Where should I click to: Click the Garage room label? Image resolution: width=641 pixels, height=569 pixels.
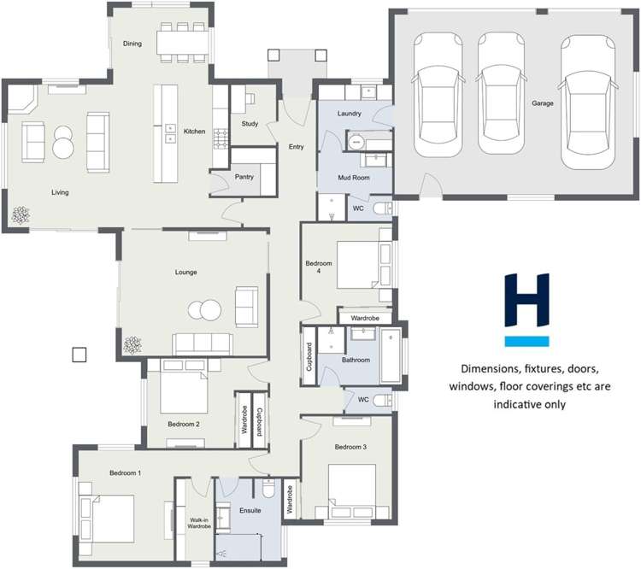543,103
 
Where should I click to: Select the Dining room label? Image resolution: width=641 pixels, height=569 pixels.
132,44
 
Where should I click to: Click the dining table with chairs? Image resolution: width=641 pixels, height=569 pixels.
182,42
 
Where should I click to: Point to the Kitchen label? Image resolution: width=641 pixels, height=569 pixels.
194,131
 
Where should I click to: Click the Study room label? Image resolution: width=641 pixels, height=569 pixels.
250,124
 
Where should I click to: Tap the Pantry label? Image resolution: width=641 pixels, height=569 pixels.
244,177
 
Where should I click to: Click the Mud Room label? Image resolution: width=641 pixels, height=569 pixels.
354,177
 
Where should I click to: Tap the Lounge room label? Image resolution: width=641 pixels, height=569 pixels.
186,272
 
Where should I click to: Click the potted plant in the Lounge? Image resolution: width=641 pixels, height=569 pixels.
132,345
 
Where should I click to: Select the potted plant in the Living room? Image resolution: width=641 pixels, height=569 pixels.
20,215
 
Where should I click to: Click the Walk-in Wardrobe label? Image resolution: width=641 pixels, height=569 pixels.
199,523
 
